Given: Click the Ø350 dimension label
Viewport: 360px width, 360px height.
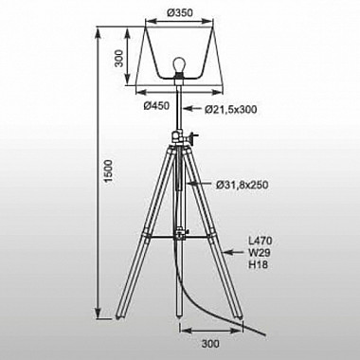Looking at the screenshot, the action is coord(179,12).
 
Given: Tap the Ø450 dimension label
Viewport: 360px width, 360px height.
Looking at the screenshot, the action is coord(156,105).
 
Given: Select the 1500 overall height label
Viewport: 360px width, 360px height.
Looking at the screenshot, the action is coord(108,171).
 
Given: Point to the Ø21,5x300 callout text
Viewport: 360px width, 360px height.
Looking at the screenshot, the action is coord(230,109).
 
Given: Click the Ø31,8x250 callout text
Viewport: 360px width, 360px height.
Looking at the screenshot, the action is coord(243,185).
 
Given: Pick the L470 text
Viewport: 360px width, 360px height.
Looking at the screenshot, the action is coord(261,241).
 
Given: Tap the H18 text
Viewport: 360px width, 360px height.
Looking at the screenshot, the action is coord(259,264).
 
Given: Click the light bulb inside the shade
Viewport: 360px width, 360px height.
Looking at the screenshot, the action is coord(179,65).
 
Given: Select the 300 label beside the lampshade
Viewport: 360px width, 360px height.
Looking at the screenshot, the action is coord(119,58).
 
